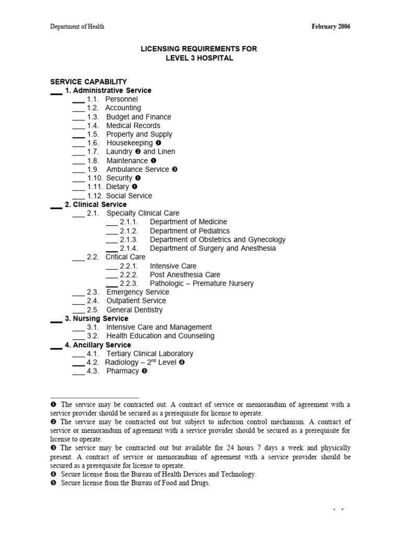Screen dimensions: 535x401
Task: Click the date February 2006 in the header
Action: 331,27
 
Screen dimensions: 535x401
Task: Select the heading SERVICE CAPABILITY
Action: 88,82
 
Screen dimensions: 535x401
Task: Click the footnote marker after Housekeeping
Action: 159,143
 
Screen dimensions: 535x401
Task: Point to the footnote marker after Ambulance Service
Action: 175,169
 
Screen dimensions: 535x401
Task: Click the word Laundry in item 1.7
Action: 119,152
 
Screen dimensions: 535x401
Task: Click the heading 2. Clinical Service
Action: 96,204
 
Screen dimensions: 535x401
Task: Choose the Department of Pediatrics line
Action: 190,231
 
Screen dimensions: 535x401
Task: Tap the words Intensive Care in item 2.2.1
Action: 173,266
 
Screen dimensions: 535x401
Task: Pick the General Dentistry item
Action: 134,310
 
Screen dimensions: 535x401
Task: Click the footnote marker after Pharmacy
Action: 144,371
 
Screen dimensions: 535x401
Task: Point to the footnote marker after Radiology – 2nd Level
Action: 182,362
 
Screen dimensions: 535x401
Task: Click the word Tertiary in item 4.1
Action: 121,354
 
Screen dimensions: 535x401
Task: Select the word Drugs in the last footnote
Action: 198,483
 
